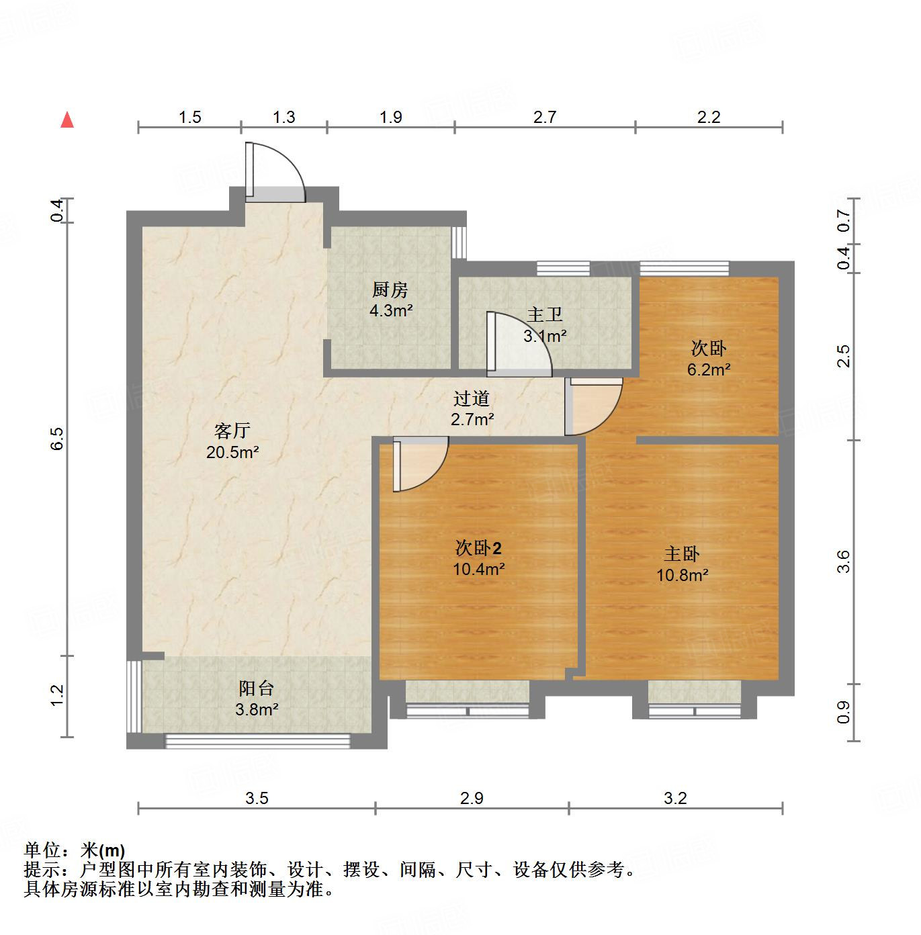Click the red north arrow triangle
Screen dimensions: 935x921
tap(67, 120)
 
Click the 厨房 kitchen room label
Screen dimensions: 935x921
tap(390, 290)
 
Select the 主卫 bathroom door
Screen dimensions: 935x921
tap(518, 345)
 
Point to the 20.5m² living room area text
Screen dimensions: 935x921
tap(232, 452)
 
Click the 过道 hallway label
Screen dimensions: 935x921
tap(472, 398)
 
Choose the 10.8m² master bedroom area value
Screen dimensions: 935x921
tap(683, 575)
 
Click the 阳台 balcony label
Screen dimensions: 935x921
tap(257, 688)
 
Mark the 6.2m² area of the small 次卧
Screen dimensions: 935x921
tap(709, 369)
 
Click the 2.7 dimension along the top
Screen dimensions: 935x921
tap(545, 118)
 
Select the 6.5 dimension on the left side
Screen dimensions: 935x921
tap(57, 439)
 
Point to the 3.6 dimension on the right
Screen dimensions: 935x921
tap(844, 562)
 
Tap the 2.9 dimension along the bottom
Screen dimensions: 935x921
tap(472, 798)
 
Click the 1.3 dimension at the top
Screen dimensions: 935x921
tap(283, 118)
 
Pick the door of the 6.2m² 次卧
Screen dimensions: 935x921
tap(593, 407)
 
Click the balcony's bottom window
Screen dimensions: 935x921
tap(258, 741)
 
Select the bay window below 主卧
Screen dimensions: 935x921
tap(695, 709)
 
